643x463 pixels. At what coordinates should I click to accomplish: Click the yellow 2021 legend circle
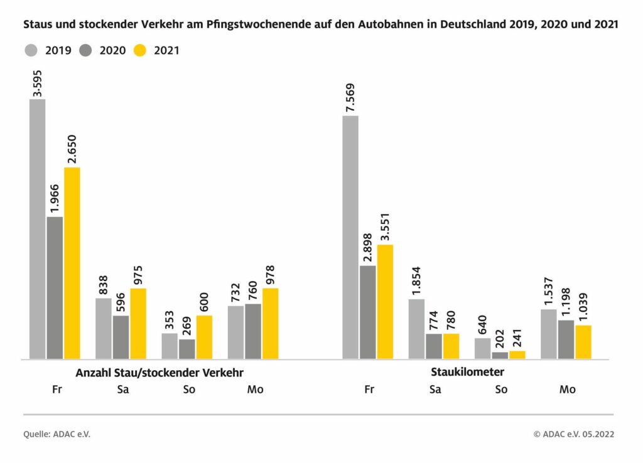pos(140,51)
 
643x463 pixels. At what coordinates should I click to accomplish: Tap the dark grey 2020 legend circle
pos(87,51)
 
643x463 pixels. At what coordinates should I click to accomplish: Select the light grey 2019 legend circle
pos(33,51)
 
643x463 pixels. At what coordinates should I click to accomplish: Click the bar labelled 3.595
pos(37,229)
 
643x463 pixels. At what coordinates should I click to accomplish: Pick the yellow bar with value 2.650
pos(72,263)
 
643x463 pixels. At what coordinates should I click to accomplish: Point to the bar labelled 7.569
pos(350,237)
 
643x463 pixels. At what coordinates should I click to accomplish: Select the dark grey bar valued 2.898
pos(367,312)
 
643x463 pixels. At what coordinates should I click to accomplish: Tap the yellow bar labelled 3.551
pos(385,301)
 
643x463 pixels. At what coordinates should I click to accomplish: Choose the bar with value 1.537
pos(548,334)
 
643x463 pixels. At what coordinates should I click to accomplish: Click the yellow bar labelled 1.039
pos(583,342)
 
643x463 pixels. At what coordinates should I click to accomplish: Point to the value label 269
pos(187,324)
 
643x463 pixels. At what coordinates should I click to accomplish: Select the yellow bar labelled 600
pos(204,337)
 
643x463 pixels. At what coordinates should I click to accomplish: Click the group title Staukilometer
pos(467,372)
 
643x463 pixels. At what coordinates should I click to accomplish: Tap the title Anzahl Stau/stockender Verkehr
pos(159,372)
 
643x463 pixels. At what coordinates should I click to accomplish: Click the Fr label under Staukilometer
pos(369,390)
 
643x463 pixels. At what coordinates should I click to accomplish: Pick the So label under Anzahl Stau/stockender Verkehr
pos(189,390)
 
